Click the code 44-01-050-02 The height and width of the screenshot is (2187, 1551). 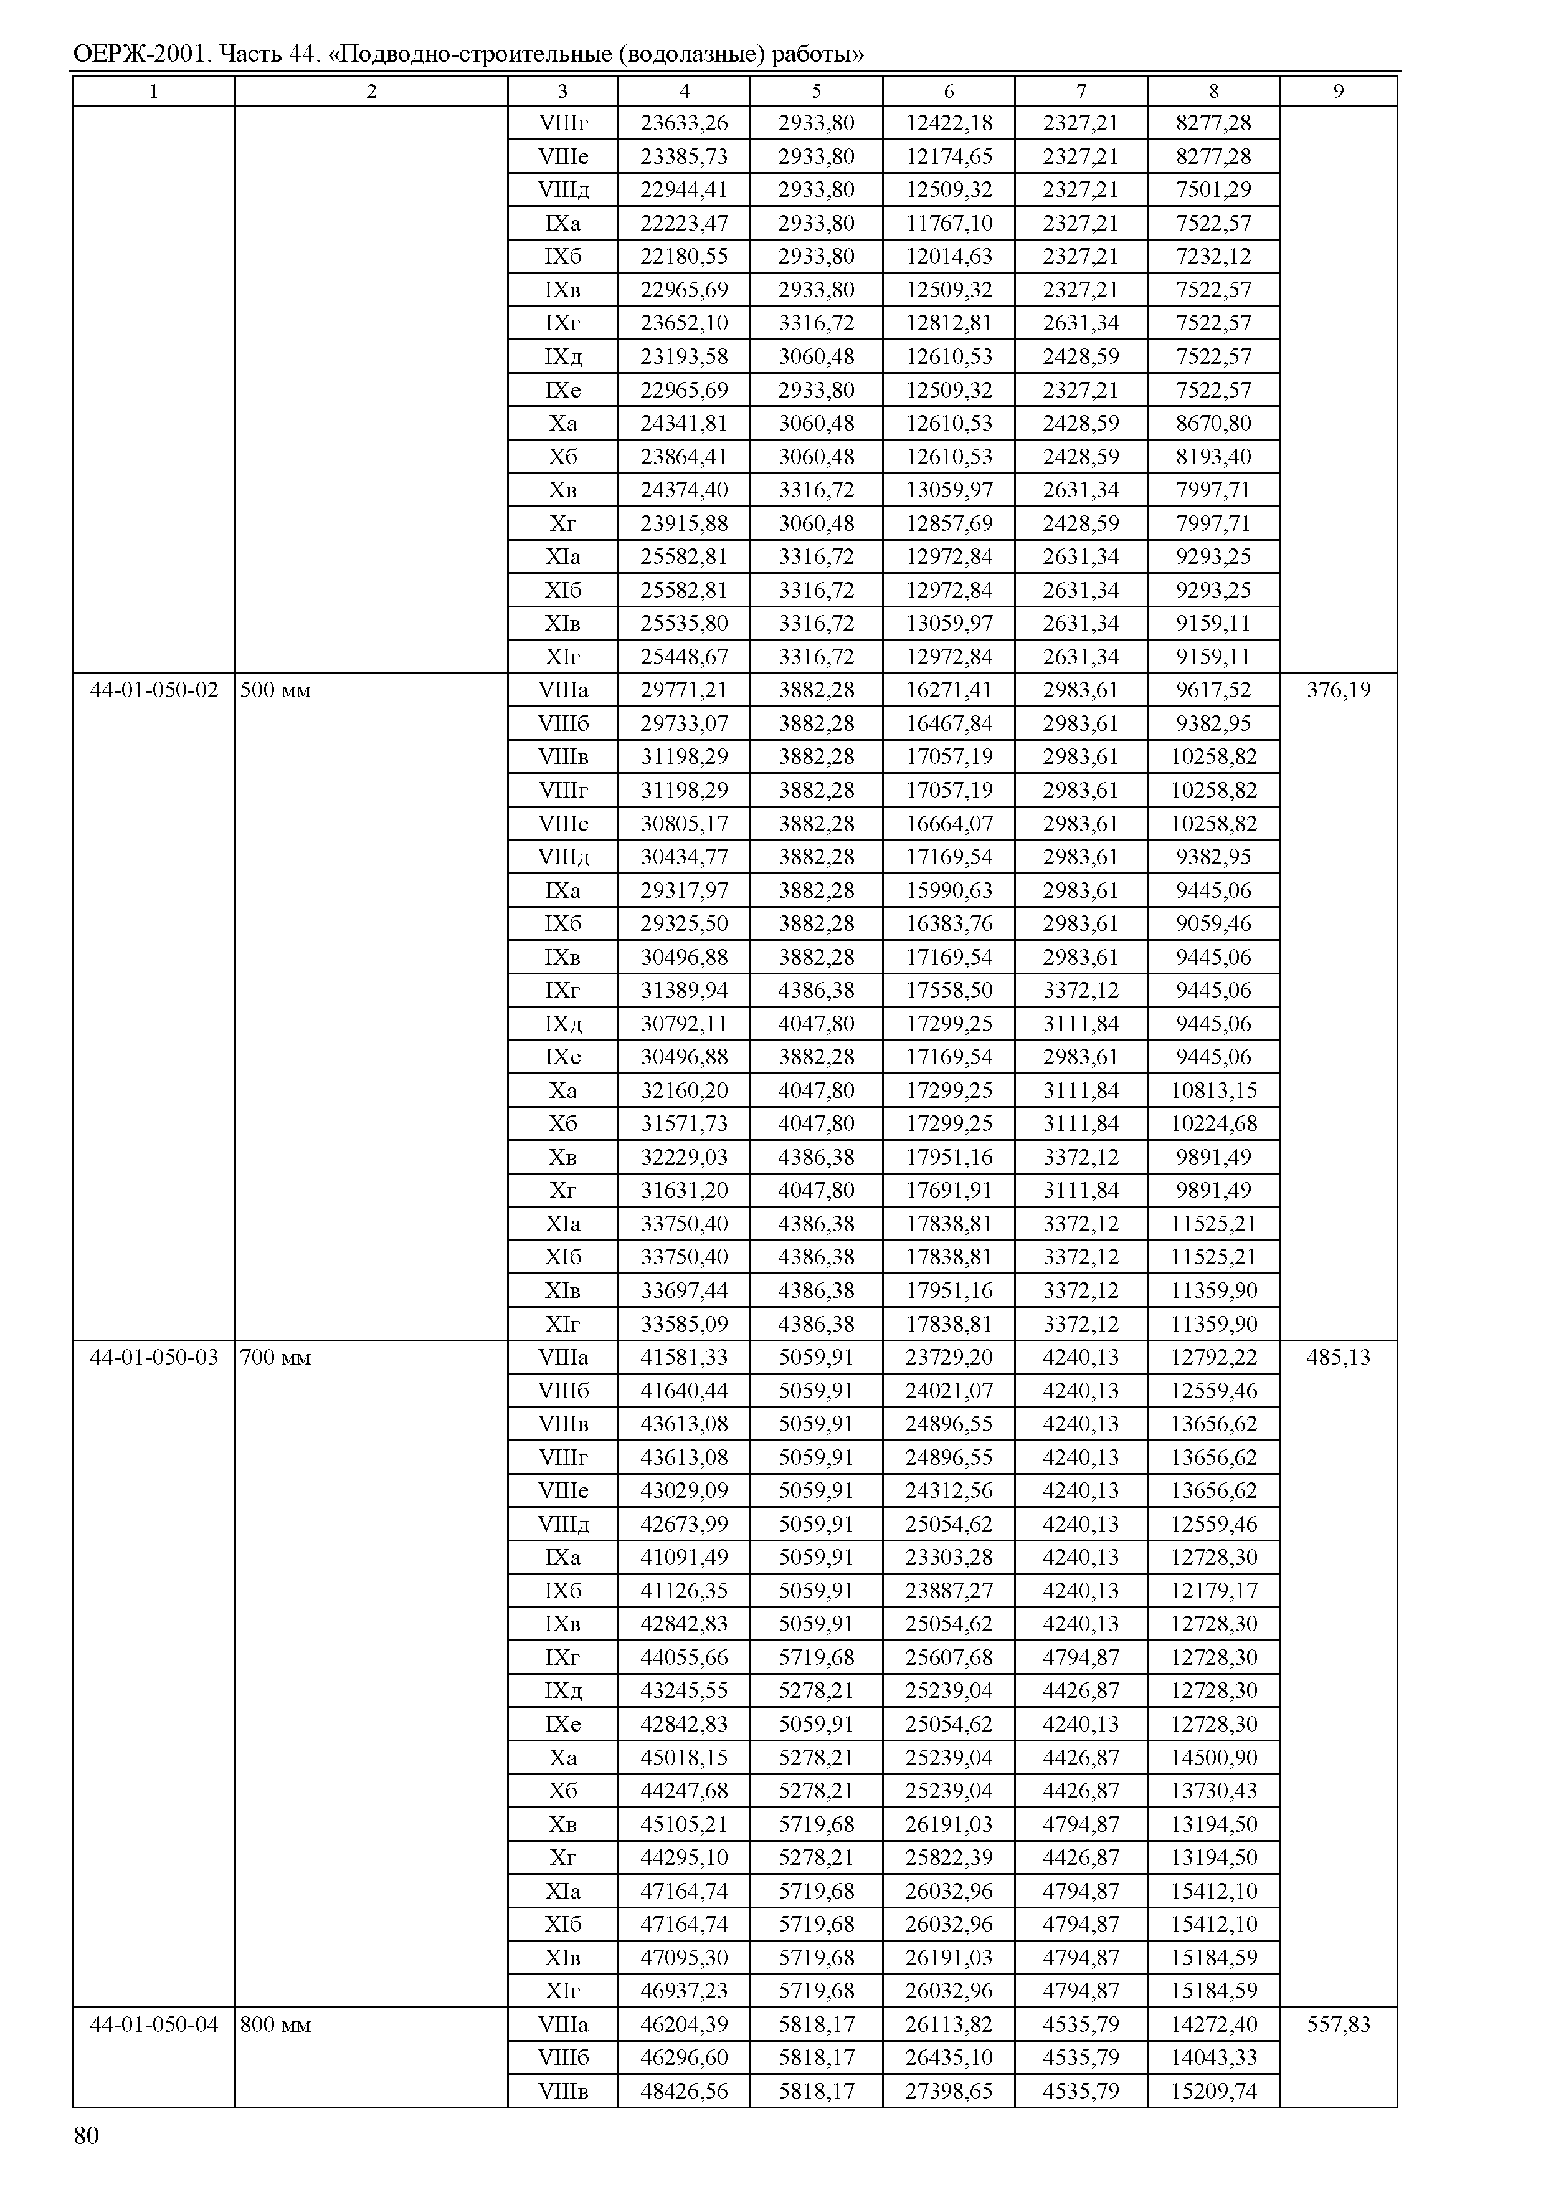point(154,690)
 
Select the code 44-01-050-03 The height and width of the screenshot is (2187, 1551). point(154,1356)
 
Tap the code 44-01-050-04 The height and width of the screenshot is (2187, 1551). point(154,2024)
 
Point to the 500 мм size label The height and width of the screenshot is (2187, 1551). point(276,690)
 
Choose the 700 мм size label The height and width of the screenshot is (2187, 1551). point(276,1356)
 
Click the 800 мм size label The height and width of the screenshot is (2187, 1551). point(276,2024)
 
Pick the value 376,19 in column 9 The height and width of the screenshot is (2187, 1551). point(1338,690)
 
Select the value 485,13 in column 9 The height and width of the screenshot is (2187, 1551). point(1338,1356)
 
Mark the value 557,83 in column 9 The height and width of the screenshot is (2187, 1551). point(1338,2024)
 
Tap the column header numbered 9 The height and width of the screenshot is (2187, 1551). point(1338,91)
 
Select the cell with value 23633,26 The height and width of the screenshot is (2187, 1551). point(684,122)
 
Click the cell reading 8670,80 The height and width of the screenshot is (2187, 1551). point(1213,423)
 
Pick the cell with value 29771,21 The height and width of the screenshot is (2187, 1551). point(684,690)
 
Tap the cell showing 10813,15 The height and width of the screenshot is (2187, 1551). point(1213,1090)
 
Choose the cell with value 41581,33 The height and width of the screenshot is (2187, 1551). point(684,1356)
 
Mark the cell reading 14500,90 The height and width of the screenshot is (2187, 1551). point(1213,1757)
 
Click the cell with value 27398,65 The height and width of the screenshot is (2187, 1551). point(949,2090)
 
